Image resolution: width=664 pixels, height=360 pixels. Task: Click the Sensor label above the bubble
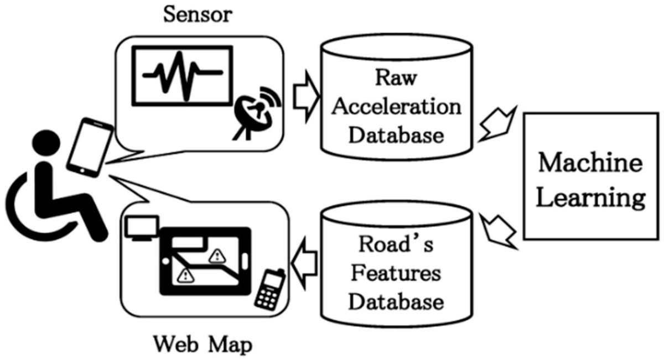click(x=198, y=14)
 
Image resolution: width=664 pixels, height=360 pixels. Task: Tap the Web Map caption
click(x=203, y=345)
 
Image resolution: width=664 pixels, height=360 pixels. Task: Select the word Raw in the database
click(x=396, y=77)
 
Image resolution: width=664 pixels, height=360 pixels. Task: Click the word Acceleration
click(x=397, y=107)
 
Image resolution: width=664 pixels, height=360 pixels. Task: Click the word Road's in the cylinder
click(x=396, y=244)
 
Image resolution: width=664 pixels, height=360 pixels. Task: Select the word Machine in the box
click(x=590, y=163)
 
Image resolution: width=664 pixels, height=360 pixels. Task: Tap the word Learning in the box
click(x=590, y=199)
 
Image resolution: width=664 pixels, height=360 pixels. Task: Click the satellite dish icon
click(x=257, y=113)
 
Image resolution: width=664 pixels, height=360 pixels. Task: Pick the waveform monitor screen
click(x=182, y=76)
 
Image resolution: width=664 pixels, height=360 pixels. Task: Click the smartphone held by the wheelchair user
click(x=90, y=147)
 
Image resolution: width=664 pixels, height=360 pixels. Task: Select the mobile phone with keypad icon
click(x=270, y=290)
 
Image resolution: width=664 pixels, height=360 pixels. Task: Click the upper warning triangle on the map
click(x=217, y=256)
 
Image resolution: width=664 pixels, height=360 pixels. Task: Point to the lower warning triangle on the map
click(x=185, y=275)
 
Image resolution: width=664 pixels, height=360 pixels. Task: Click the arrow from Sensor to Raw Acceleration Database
click(x=307, y=97)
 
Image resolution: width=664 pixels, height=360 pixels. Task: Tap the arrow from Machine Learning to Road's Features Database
click(x=499, y=231)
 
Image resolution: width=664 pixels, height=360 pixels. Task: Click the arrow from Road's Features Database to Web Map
click(x=304, y=263)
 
